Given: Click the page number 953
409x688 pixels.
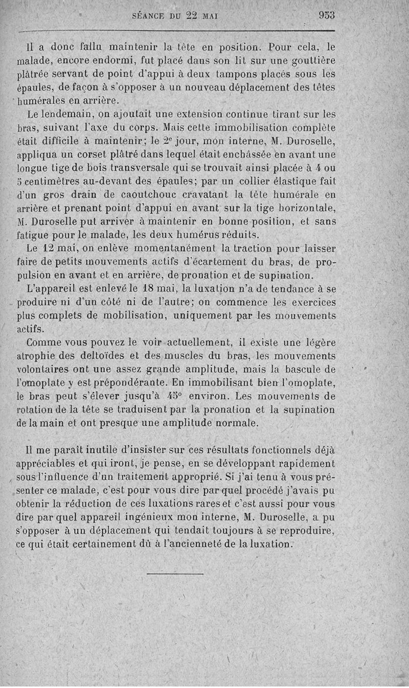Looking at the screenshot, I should point(326,15).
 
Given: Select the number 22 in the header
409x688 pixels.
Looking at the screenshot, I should point(191,15).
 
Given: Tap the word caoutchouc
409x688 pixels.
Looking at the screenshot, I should point(160,195).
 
